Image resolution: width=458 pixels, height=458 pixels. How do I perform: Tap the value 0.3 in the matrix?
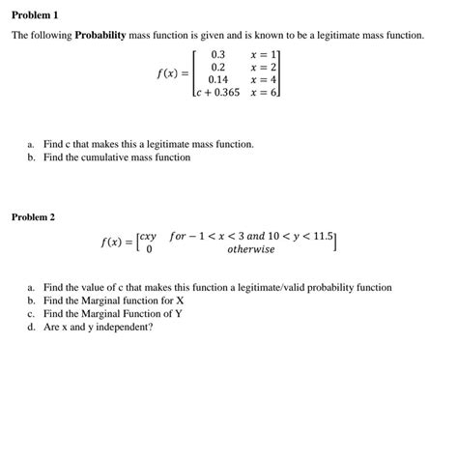tap(217, 53)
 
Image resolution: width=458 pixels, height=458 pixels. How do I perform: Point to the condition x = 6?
tap(264, 94)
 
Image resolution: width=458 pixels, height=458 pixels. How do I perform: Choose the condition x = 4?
tap(263, 80)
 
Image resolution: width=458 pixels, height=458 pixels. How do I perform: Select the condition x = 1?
tap(263, 53)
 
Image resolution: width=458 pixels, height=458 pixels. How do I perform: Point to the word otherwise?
tap(250, 249)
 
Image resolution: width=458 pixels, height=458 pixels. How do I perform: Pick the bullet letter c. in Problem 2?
tap(32, 314)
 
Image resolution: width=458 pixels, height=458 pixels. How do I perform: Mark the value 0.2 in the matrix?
tap(217, 67)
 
